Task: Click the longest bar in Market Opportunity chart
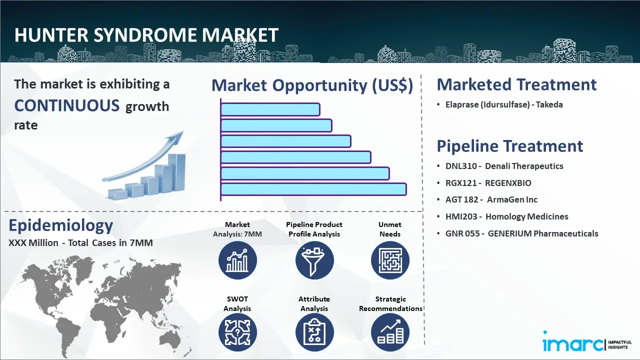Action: tap(313, 189)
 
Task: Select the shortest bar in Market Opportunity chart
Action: tap(270, 109)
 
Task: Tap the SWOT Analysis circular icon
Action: tap(237, 332)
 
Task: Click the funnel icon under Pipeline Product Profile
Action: tap(314, 260)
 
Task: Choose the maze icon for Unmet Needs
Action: tap(390, 260)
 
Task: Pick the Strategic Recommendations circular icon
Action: tap(390, 332)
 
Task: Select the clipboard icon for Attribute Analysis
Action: tap(314, 332)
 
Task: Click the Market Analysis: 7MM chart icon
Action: tap(237, 260)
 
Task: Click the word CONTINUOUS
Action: tap(67, 105)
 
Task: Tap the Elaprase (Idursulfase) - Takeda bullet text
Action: tap(504, 104)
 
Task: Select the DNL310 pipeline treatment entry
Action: tap(504, 166)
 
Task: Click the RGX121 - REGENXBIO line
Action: tap(488, 183)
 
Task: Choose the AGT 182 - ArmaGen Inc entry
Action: tap(491, 199)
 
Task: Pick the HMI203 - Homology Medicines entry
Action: tap(507, 216)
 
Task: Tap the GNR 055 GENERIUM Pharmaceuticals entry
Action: tap(521, 233)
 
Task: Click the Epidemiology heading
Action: tap(61, 225)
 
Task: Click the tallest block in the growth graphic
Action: tap(176, 172)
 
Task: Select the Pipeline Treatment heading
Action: tap(510, 146)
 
